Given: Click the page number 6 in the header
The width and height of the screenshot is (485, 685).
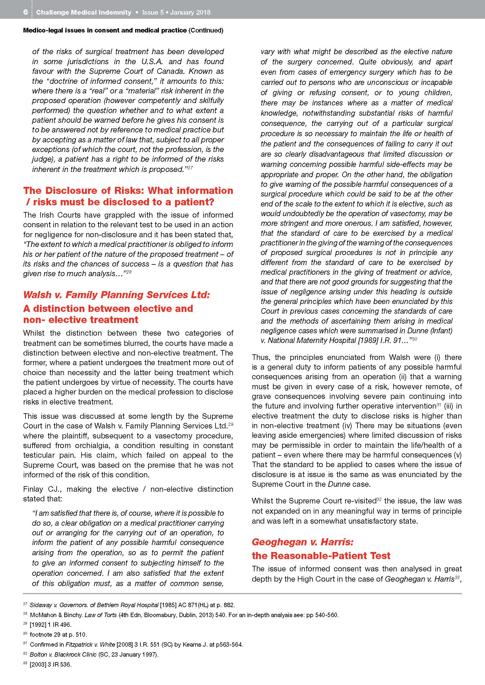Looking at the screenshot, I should tap(26, 12).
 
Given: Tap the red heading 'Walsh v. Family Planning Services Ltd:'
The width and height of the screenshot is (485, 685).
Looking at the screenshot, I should tap(116, 295).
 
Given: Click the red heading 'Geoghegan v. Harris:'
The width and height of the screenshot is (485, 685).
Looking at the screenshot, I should tap(303, 542).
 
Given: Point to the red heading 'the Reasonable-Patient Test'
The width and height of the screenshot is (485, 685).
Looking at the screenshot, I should tap(321, 556).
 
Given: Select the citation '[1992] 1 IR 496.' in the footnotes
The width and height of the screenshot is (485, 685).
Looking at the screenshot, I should tap(50, 624).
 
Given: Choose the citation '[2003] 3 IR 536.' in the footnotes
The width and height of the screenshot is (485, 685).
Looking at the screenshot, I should tap(50, 664).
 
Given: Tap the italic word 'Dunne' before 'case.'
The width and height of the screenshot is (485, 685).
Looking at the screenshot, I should tap(339, 484).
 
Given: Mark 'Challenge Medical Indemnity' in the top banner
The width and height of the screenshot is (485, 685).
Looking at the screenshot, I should tap(84, 12).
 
